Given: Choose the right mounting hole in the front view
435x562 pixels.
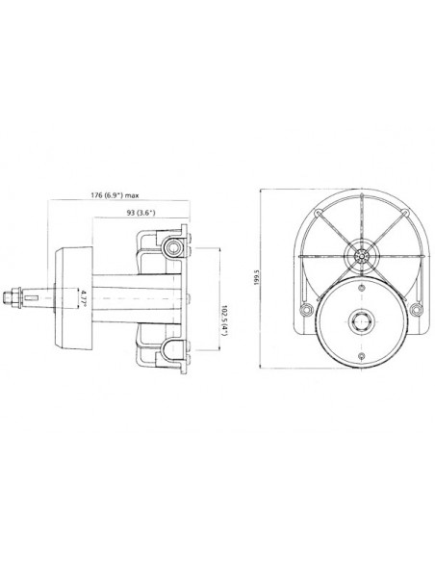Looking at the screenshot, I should click(415, 309).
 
